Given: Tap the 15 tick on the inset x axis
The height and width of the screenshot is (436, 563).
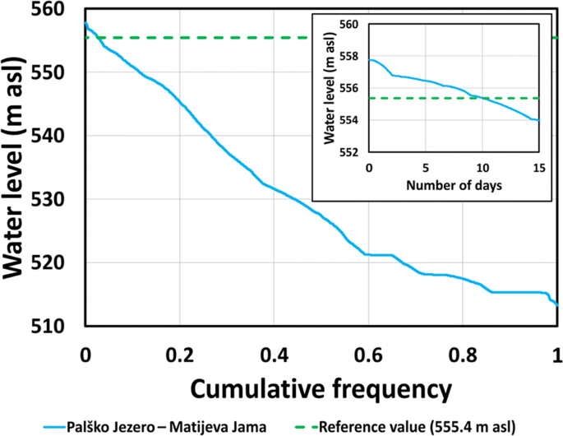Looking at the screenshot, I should pyautogui.click(x=538, y=167).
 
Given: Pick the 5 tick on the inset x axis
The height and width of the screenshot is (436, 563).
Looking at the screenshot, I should pyautogui.click(x=426, y=167).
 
